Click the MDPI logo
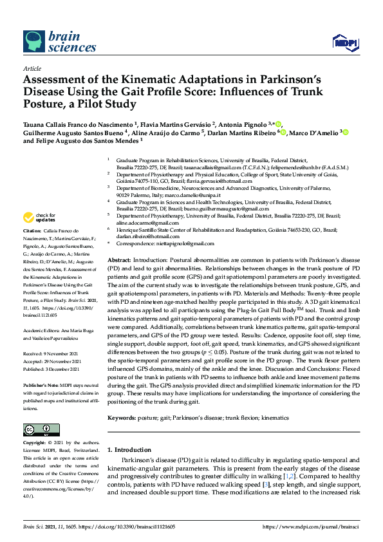tap(344, 43)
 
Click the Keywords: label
tap(125, 418)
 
